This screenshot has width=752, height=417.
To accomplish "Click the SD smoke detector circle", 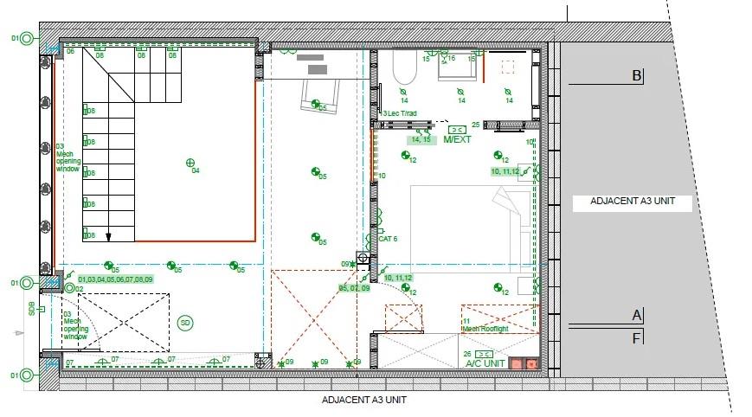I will point(184,323).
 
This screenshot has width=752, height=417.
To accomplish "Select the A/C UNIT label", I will point(485,364).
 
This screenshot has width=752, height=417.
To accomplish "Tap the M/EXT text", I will point(457,138).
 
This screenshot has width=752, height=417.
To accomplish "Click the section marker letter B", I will point(637,76).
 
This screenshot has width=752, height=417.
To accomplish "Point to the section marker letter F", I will point(637,338).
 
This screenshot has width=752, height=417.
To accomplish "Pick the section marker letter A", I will point(637,315).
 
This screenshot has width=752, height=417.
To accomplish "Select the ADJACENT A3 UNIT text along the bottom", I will point(363,401).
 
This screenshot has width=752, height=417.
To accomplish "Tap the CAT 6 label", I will point(387,239).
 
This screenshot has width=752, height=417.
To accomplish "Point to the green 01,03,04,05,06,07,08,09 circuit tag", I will point(115,279).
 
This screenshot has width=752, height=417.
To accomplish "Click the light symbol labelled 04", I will point(190,162).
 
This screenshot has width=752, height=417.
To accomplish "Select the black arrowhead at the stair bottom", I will point(109,235).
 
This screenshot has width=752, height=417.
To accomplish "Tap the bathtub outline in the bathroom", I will point(405,66).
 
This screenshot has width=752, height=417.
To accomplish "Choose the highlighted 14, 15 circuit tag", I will point(421,138).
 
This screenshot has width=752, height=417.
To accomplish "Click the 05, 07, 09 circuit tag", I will point(354,287).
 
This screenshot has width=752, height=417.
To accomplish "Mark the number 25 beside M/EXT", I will point(475,125).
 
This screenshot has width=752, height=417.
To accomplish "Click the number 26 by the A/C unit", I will point(467,354).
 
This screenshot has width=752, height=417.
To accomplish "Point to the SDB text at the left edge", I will point(32,308).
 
